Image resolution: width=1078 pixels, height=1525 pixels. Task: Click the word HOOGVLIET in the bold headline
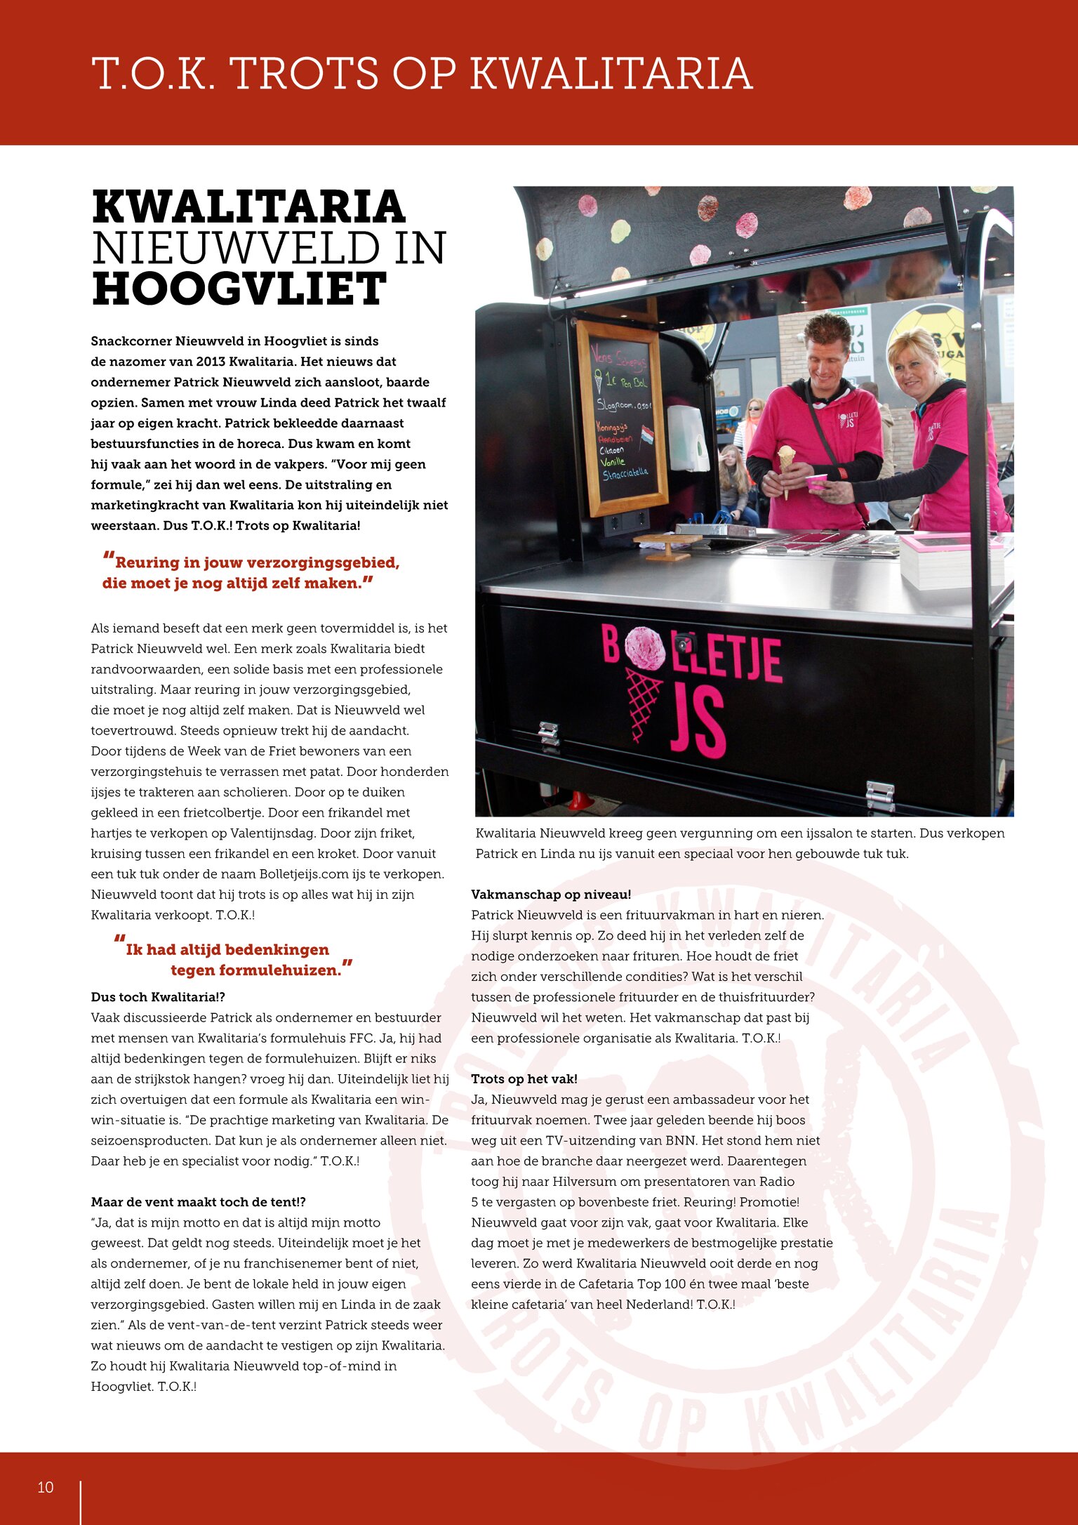239,289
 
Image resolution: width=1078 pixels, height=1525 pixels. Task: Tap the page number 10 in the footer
46,1487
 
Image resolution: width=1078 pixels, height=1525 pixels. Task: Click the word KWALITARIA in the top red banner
611,73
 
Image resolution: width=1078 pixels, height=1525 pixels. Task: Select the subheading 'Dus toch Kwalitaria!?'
158,997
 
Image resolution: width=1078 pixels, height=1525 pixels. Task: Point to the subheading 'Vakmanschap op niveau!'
551,894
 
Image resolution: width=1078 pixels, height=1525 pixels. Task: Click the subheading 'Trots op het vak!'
524,1079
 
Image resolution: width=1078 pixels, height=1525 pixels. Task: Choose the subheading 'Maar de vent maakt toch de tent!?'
199,1202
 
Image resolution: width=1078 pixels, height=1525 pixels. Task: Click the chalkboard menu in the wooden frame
622,418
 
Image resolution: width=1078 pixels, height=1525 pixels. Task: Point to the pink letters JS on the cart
696,723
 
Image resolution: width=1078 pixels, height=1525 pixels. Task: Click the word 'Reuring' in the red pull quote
147,562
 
